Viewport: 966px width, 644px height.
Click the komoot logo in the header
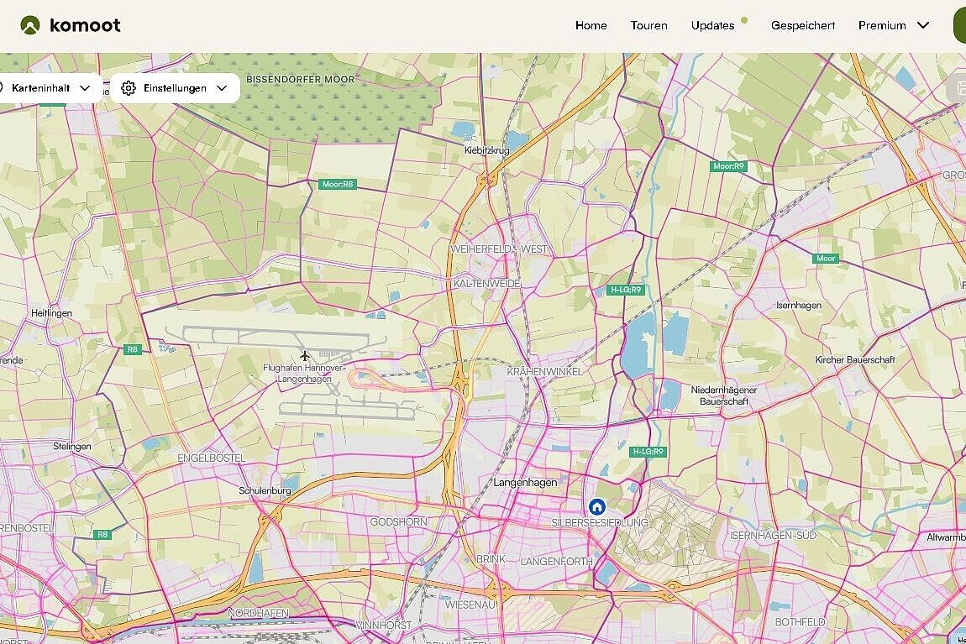(x=71, y=25)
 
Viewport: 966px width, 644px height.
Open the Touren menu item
(x=649, y=25)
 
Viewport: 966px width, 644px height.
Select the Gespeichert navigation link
(x=803, y=25)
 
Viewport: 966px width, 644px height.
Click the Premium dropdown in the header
(x=893, y=25)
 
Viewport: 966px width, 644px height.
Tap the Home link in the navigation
(x=591, y=25)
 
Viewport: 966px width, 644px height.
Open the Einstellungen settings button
(x=175, y=88)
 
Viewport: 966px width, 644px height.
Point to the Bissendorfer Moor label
(x=301, y=79)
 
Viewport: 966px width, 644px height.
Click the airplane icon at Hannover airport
(x=305, y=356)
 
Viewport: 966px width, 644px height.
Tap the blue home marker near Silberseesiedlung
(x=596, y=506)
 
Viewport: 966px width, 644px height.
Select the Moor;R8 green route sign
(x=339, y=184)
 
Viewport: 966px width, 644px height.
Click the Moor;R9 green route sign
(x=728, y=166)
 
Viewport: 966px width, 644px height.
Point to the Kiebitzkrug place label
(x=487, y=151)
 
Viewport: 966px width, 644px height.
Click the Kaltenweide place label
(x=486, y=284)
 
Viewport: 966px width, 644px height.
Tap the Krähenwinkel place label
(x=544, y=371)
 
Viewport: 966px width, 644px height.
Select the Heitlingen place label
(x=52, y=313)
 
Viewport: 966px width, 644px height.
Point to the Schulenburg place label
(x=265, y=490)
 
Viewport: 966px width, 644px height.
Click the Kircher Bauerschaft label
(x=855, y=360)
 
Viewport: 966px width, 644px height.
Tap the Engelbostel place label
(x=211, y=458)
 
